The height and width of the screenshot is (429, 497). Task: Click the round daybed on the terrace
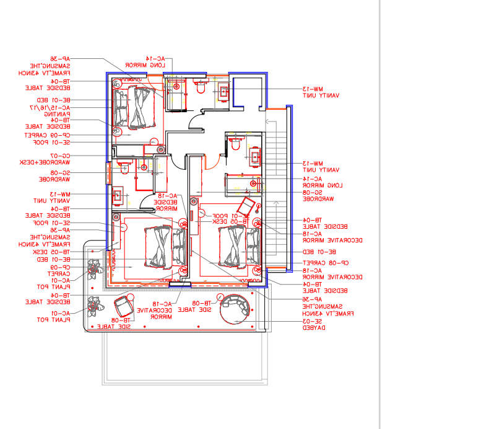pyautogui.click(x=236, y=309)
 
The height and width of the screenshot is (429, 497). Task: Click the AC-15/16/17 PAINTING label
pyautogui.click(x=51, y=111)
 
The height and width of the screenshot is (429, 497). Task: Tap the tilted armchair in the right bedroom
pyautogui.click(x=246, y=205)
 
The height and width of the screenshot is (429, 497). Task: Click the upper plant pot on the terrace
pyautogui.click(x=94, y=268)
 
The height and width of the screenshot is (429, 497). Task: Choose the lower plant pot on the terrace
pyautogui.click(x=94, y=304)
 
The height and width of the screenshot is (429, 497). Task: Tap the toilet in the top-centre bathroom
pyautogui.click(x=200, y=88)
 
